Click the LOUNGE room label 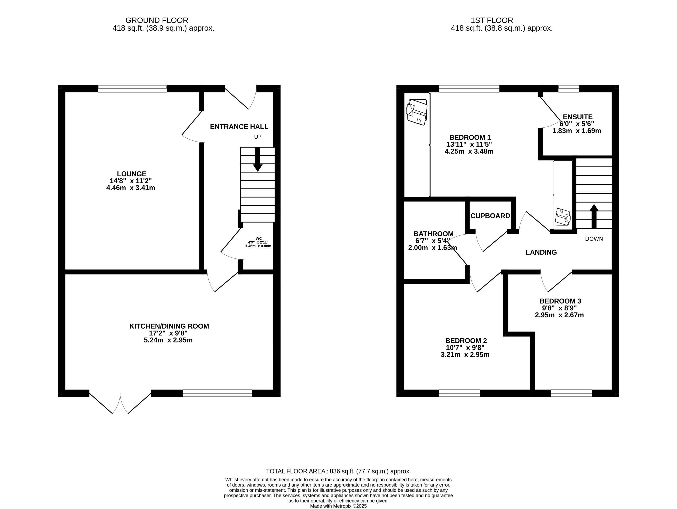pos(131,174)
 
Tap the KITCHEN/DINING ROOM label pos(169,326)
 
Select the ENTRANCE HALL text pos(239,127)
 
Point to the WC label pos(259,238)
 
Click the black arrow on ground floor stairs pos(258,159)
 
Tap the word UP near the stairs pos(258,137)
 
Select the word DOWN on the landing pos(594,239)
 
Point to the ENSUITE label pos(578,117)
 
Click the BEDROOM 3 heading pos(560,301)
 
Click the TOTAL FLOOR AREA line pos(338,471)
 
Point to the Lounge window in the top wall pos(132,89)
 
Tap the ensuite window pos(569,89)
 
